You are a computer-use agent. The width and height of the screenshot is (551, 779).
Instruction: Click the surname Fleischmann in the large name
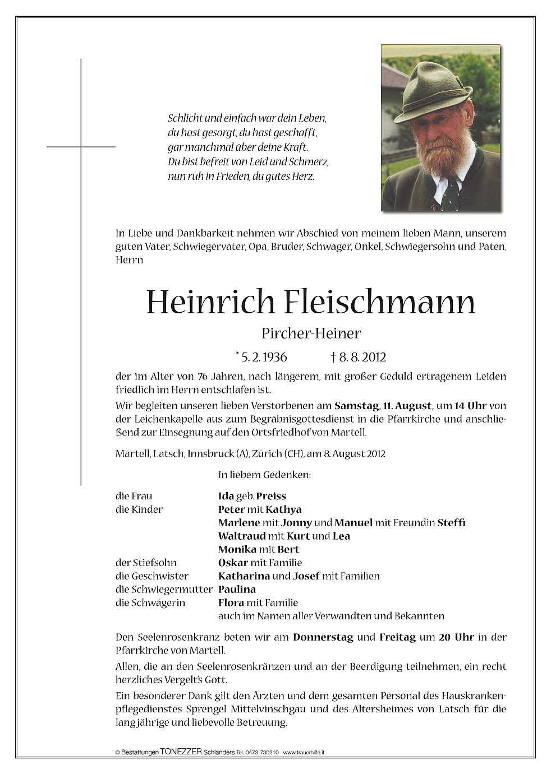point(380,303)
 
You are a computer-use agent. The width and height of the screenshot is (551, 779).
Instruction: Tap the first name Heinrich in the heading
point(211,303)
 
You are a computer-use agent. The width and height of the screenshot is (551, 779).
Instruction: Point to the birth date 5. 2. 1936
point(264,357)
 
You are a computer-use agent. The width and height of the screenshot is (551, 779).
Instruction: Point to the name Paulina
point(237,590)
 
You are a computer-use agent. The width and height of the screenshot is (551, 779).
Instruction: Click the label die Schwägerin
point(150,603)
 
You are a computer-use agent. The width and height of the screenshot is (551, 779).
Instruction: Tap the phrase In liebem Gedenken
point(264,475)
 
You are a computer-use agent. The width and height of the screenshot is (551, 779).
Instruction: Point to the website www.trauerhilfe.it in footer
point(304,753)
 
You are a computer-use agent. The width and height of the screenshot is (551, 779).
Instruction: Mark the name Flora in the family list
point(231,603)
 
